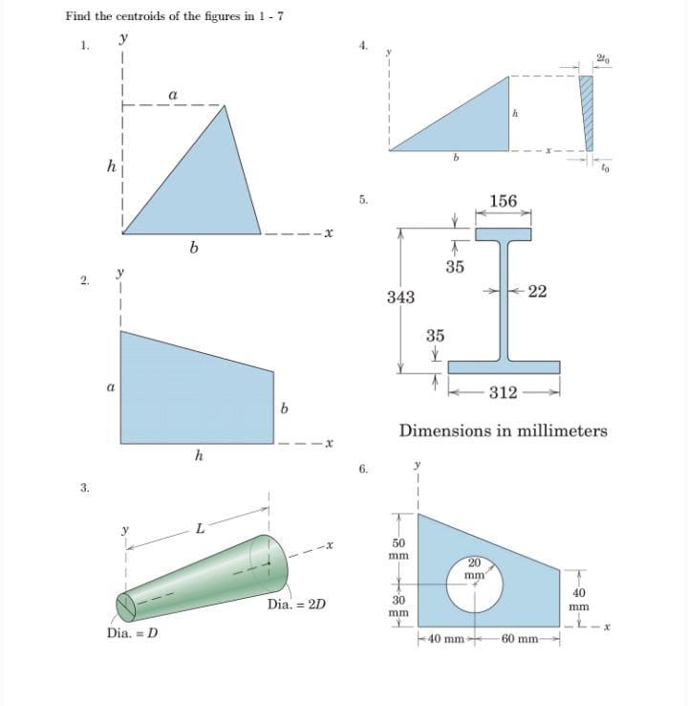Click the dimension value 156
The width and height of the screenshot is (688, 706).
click(x=503, y=201)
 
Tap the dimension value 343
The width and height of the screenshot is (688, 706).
click(x=400, y=298)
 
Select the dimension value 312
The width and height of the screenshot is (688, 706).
click(x=504, y=392)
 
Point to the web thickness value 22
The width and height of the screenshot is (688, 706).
click(x=537, y=292)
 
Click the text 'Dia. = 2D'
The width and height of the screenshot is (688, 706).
click(x=296, y=605)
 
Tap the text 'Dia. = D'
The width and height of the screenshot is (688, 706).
click(x=133, y=633)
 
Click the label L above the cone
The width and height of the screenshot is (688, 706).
click(x=200, y=528)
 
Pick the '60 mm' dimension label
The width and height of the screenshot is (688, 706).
click(x=523, y=638)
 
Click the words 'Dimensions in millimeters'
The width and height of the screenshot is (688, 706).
click(x=503, y=430)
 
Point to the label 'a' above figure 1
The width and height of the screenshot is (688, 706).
click(x=172, y=94)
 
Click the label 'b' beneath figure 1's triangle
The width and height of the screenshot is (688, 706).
click(x=194, y=250)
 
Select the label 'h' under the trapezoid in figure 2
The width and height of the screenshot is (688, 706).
click(x=198, y=456)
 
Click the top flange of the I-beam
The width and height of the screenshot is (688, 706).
click(x=503, y=232)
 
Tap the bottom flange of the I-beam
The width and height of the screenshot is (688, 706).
click(x=504, y=367)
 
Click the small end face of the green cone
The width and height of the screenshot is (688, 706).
click(x=126, y=607)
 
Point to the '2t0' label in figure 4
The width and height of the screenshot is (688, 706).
click(x=602, y=60)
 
